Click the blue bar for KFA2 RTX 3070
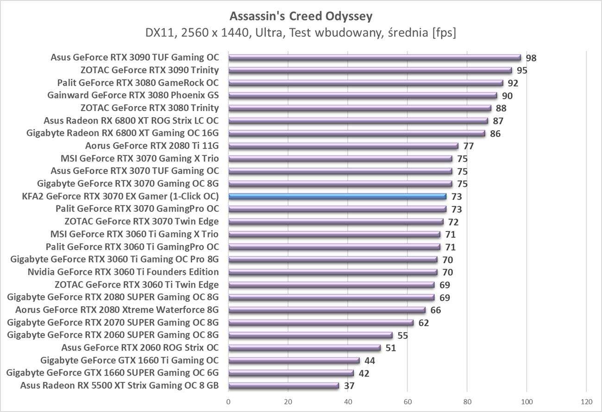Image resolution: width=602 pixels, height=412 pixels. pos(337,196)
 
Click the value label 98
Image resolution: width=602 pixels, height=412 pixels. pos(531,58)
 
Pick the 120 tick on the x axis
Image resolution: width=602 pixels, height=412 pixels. pos(586,401)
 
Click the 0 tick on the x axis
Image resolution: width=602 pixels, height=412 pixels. pos(229,401)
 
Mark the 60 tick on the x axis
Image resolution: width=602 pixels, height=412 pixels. pos(408,401)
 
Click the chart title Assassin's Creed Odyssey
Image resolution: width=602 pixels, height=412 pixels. pos(301,17)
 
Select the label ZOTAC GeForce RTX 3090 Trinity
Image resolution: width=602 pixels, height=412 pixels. pos(150,70)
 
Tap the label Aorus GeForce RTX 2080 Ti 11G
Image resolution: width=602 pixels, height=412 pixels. pos(152,146)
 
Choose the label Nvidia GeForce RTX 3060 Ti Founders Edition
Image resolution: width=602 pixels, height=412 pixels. pos(123,272)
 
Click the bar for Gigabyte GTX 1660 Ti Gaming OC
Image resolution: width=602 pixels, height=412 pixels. pos(294,360)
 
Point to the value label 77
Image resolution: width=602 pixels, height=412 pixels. pos(469,146)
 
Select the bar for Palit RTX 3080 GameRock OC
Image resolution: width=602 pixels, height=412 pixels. pos(365,83)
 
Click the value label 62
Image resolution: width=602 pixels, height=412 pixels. pos(424,323)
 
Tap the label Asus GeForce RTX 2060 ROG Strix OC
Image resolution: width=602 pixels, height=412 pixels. pos(140,347)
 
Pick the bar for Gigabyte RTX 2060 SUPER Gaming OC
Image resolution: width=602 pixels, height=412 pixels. pos(310,335)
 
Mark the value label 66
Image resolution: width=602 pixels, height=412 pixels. pos(436,310)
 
